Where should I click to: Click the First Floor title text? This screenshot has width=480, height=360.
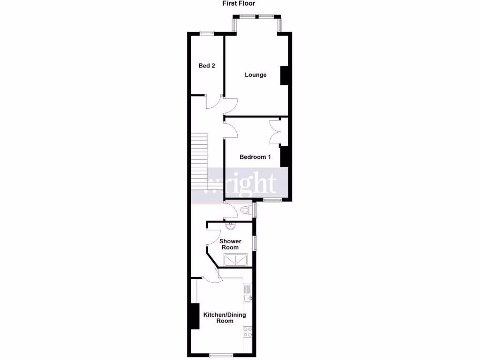tap(238, 3)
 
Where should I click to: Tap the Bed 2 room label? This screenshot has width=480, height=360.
tap(207, 66)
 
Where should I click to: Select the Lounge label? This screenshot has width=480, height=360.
tap(255, 75)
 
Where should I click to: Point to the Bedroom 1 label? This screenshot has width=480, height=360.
tap(255, 157)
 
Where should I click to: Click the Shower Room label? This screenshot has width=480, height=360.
tap(230, 244)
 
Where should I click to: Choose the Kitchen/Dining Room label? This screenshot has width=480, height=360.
tap(225, 318)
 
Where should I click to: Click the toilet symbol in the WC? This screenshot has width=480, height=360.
tap(246, 211)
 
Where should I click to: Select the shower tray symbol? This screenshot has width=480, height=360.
tap(236, 260)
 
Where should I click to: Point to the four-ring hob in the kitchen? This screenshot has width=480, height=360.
tap(247, 332)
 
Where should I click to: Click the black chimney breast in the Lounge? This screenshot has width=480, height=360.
tap(284, 75)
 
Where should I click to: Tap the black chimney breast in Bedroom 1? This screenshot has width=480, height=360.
tap(284, 157)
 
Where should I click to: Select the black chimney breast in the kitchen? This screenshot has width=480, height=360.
tap(193, 316)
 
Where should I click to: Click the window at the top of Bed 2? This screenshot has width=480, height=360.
tap(207, 33)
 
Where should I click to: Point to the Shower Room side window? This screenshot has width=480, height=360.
tap(255, 243)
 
